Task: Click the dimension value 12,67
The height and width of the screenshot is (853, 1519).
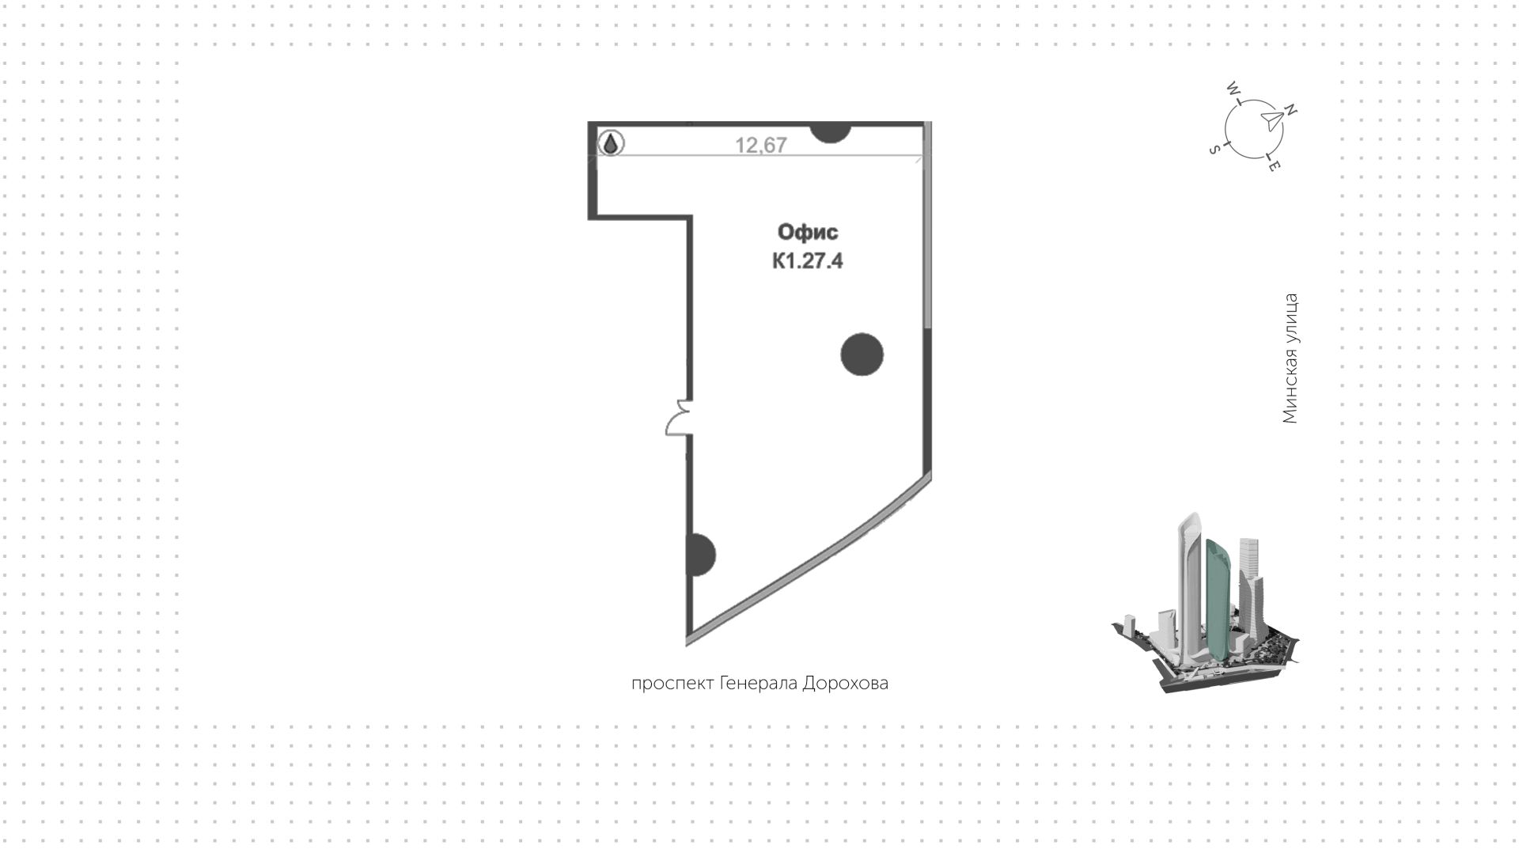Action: (x=761, y=145)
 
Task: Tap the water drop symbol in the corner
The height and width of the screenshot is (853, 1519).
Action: (x=611, y=144)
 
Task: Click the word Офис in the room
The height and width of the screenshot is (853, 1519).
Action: (x=808, y=233)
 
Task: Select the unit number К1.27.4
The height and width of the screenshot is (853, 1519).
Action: (x=808, y=260)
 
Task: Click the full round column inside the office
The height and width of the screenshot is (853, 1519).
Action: (x=862, y=354)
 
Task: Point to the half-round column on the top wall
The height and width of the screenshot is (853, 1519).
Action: (x=830, y=132)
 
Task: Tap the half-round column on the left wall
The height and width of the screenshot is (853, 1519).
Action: (x=703, y=555)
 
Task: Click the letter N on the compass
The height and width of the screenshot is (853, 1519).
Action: (x=1290, y=110)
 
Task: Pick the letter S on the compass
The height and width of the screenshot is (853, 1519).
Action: (x=1214, y=150)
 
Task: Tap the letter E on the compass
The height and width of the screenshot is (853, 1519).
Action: (x=1274, y=166)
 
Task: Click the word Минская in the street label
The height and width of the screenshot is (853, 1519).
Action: (x=1290, y=389)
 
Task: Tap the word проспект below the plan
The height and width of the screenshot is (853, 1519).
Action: (x=672, y=684)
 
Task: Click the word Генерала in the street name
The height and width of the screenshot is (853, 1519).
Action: (x=759, y=683)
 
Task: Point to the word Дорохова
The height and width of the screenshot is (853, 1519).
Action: (x=846, y=683)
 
